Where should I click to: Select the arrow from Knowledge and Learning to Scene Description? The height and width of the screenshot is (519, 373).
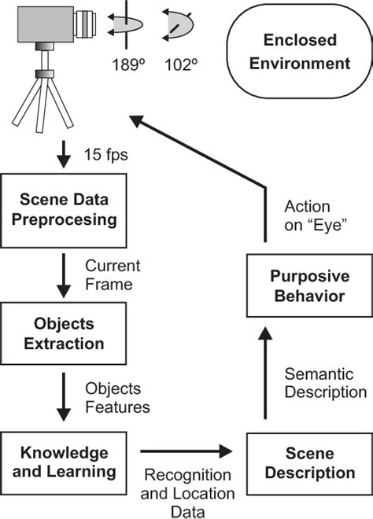click(x=186, y=453)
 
